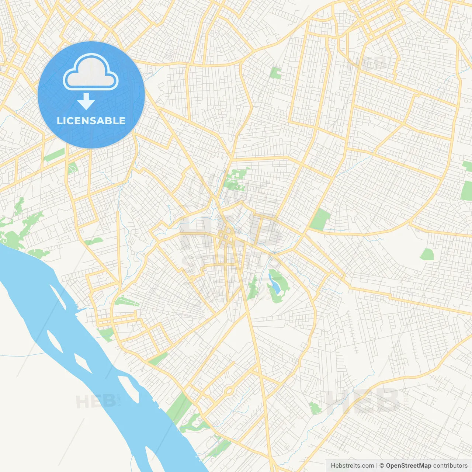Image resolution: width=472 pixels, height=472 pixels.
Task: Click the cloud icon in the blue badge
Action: [x=91, y=72]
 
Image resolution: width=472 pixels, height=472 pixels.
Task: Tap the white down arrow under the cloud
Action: [x=86, y=101]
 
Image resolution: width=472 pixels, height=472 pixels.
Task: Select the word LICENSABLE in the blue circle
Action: [x=91, y=121]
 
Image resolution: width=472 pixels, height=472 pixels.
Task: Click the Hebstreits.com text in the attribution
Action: [x=352, y=466]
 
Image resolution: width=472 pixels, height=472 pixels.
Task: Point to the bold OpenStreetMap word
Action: [x=408, y=466]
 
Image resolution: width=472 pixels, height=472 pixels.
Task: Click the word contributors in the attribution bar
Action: [x=450, y=466]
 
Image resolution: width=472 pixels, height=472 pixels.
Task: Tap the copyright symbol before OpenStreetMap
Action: [x=382, y=466]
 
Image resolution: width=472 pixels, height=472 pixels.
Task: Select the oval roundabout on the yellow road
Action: [x=229, y=391]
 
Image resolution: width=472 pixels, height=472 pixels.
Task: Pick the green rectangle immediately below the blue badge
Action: [x=54, y=155]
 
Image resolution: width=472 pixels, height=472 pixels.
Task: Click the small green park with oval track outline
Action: [x=72, y=168]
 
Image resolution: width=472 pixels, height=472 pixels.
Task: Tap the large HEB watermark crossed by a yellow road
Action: [x=363, y=400]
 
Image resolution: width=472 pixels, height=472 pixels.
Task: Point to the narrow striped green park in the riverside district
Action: [x=126, y=302]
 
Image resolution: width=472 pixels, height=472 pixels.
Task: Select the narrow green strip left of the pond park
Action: [x=253, y=288]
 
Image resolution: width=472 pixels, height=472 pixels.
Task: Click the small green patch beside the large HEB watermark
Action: [x=315, y=408]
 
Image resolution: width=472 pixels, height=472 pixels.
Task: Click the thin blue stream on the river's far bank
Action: [x=22, y=355]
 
